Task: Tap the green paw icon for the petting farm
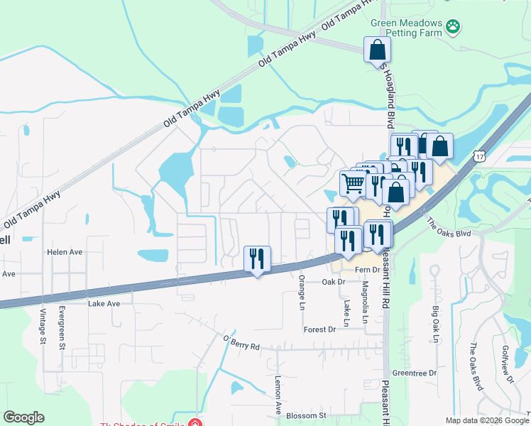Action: pos(453,27)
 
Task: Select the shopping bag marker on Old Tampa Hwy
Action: pos(377,50)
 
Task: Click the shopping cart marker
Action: pos(352,183)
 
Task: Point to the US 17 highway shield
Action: pos(481,155)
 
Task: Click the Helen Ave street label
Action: pos(65,252)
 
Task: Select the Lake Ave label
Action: pos(104,303)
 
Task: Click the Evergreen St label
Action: pos(62,324)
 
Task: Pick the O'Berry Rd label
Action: pos(241,342)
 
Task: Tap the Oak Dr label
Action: pos(333,282)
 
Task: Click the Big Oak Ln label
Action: pos(435,323)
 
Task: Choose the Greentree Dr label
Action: pos(414,373)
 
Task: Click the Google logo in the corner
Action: pos(23,417)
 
